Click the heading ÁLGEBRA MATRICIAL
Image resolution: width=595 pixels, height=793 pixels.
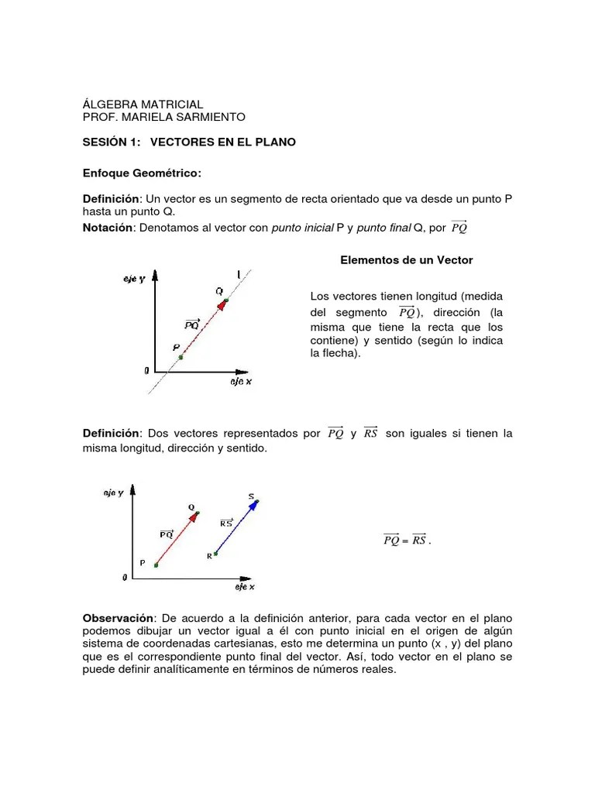(x=143, y=104)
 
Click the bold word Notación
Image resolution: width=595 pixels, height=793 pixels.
(x=108, y=228)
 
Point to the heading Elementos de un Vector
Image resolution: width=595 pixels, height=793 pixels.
(x=406, y=260)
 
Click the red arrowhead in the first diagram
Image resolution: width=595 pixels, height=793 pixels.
(x=222, y=304)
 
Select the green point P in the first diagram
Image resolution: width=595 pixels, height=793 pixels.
(x=181, y=357)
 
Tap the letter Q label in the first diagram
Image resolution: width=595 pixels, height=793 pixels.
(x=219, y=291)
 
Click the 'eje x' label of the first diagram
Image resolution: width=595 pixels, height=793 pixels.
(x=241, y=383)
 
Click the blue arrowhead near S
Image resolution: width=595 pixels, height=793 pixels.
(x=254, y=504)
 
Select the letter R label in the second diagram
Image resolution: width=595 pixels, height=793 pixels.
(x=209, y=556)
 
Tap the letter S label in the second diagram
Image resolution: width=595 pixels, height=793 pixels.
(x=251, y=496)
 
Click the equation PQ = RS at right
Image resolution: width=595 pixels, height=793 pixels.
(x=406, y=540)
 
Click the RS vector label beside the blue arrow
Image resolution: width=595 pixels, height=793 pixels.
(x=226, y=523)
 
